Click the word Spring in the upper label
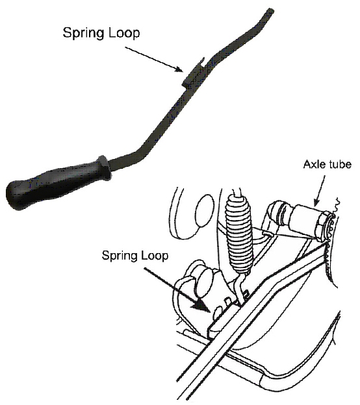click(83, 33)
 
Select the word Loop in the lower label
click(153, 256)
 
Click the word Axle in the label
click(313, 164)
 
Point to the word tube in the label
click(339, 164)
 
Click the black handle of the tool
click(57, 182)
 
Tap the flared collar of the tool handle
click(105, 168)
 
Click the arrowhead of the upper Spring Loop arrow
click(179, 69)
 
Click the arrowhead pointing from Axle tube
click(316, 202)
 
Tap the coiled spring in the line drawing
click(238, 233)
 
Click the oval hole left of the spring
click(205, 210)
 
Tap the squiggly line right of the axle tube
click(337, 204)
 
